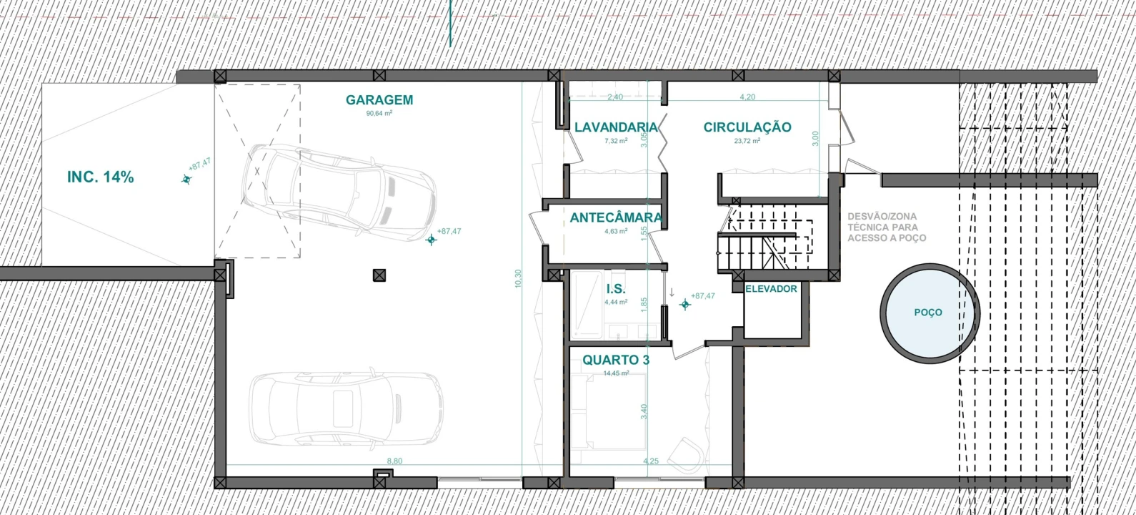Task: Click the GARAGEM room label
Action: click(379, 100)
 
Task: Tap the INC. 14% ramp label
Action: click(101, 177)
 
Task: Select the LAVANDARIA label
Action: click(616, 127)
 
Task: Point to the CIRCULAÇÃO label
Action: click(747, 127)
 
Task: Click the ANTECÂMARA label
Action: click(616, 218)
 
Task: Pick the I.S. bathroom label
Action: click(616, 290)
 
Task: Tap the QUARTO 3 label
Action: click(616, 360)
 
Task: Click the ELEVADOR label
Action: click(771, 289)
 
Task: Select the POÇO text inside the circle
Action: click(928, 313)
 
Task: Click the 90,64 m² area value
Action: click(379, 114)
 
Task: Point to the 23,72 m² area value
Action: click(747, 141)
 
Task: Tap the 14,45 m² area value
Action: click(616, 373)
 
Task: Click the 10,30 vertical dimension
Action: click(518, 279)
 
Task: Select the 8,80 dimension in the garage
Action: click(394, 461)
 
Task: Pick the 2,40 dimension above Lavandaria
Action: click(614, 97)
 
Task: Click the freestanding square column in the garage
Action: click(379, 275)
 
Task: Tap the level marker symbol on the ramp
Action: click(186, 180)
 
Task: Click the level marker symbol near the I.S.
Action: click(685, 305)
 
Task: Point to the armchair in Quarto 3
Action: click(686, 456)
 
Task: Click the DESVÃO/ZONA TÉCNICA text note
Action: click(887, 227)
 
